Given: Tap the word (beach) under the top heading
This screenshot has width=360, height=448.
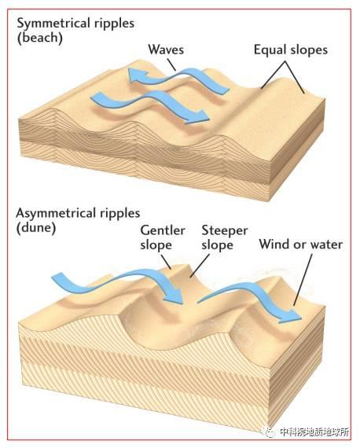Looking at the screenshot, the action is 40,38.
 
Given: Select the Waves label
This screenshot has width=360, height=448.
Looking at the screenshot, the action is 166,50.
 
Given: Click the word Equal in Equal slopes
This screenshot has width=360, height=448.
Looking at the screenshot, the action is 270,50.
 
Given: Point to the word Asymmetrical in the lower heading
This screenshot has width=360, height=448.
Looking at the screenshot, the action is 56,214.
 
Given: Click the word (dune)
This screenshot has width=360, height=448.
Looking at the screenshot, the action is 36,228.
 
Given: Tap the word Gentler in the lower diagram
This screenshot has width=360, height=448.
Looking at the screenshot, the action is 163,230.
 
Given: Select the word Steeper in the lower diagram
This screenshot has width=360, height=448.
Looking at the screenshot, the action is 225,231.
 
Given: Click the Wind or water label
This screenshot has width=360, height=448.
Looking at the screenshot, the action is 300,244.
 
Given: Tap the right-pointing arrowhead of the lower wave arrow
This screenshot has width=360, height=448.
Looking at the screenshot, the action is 199,116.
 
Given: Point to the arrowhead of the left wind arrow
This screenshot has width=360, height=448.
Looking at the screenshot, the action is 174,296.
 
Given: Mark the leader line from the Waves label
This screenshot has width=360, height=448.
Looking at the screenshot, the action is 171,64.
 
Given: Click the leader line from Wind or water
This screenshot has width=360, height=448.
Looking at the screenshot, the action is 303,280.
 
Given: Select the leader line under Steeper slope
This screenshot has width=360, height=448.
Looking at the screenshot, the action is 200,266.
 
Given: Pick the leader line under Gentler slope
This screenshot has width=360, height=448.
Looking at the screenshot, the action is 166,262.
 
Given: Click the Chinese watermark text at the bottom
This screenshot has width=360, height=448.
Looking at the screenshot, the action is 314,431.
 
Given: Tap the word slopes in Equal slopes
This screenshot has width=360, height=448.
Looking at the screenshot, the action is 309,50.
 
